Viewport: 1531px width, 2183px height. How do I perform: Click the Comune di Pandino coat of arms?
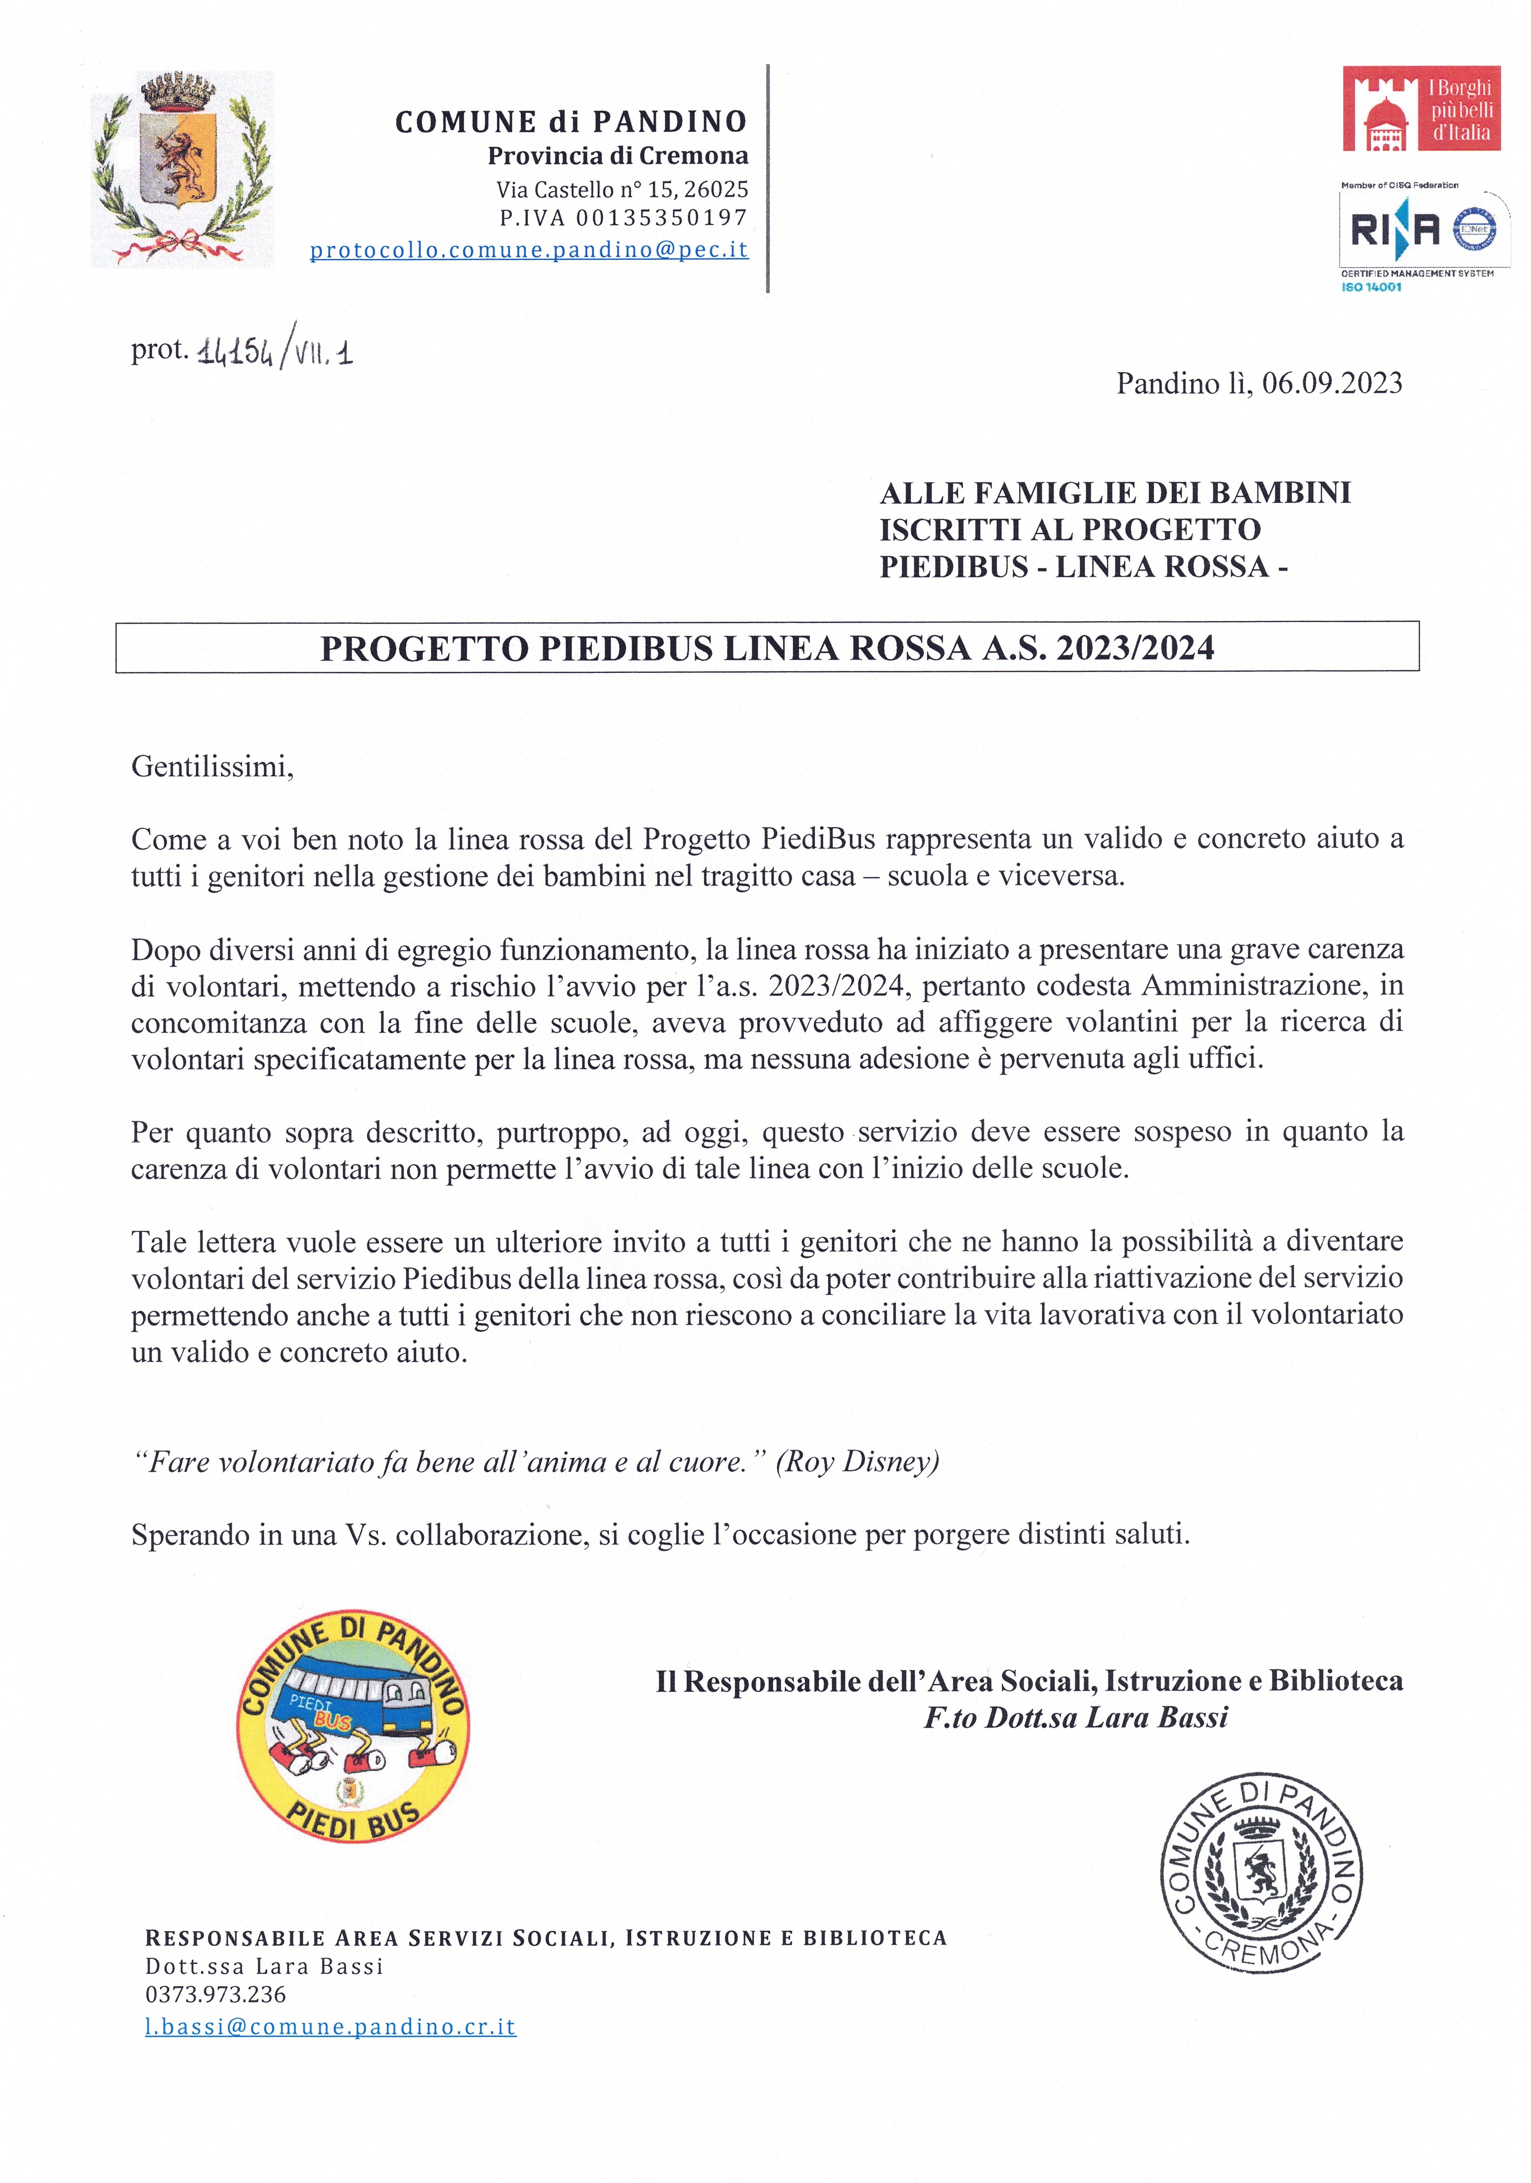pyautogui.click(x=181, y=169)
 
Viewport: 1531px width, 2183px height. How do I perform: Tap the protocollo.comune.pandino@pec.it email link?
pyautogui.click(x=529, y=250)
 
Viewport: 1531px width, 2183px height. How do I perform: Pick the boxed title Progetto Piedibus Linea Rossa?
pyautogui.click(x=766, y=648)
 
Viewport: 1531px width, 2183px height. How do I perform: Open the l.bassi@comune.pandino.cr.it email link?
pyautogui.click(x=330, y=2026)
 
